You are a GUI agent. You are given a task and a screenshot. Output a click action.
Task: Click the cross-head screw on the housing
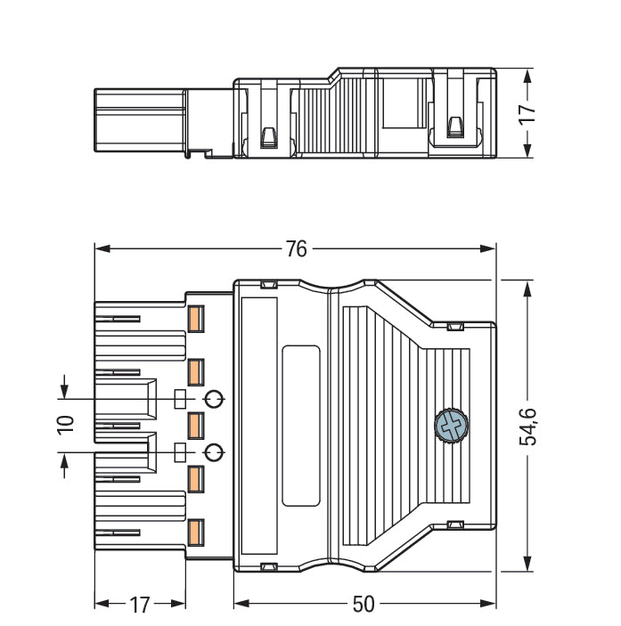(451, 425)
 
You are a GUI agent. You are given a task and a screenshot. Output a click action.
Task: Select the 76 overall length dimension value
(296, 249)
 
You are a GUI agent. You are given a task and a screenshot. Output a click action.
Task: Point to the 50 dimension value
(364, 604)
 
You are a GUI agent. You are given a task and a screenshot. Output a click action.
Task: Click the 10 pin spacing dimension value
(65, 425)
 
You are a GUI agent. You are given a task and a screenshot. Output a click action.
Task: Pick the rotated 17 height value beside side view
(528, 113)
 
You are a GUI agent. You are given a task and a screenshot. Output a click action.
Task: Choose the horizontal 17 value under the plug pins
(140, 605)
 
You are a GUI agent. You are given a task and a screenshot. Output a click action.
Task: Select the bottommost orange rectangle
(196, 532)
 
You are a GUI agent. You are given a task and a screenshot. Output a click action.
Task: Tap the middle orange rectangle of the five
(196, 424)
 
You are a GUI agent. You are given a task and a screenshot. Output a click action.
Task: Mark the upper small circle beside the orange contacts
(213, 398)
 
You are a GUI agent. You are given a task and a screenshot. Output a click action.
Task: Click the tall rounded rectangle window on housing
(300, 425)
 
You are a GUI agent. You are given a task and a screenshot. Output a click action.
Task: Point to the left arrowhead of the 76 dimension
(100, 249)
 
